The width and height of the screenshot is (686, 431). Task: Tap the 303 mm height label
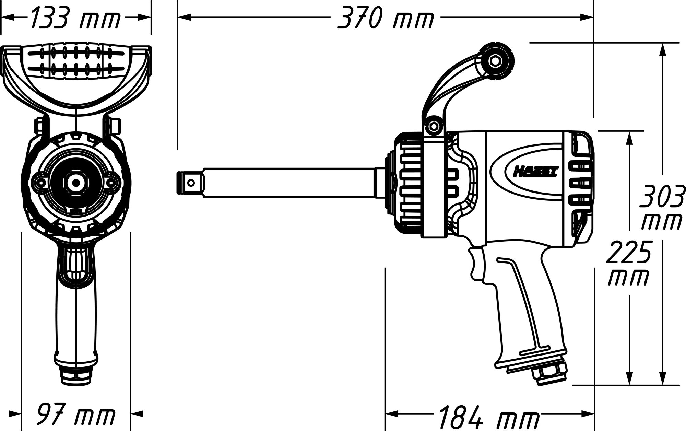662,207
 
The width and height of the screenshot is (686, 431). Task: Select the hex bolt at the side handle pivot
433,126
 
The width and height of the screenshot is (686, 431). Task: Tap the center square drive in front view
74,182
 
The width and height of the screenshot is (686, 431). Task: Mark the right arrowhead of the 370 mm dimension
587,16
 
